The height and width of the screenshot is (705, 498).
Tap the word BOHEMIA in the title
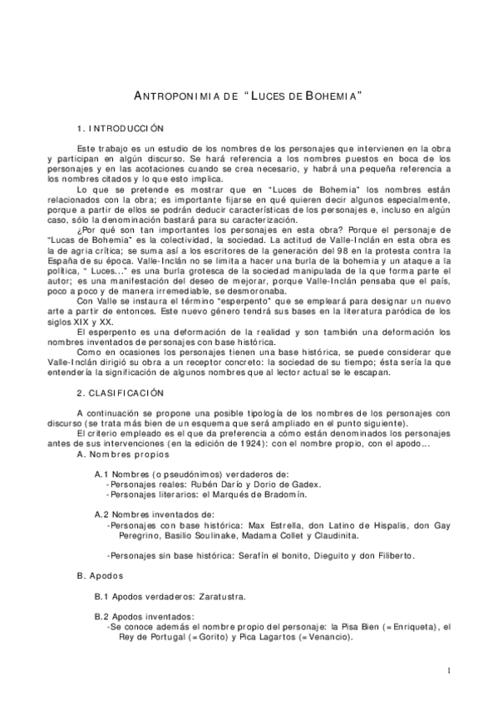point(330,96)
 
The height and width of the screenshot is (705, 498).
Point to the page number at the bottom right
point(448,670)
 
